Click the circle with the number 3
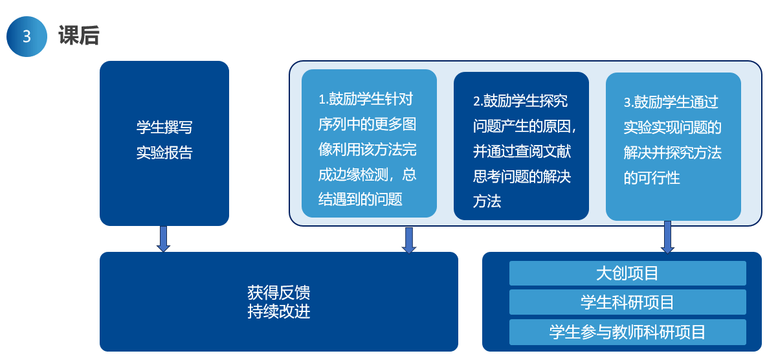point(27,37)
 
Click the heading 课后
point(78,36)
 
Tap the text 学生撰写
point(164,128)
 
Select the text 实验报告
point(164,153)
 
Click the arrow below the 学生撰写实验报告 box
point(164,238)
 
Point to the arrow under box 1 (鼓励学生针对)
point(408,240)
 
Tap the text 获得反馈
point(278,292)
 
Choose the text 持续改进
point(278,311)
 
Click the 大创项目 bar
point(627,273)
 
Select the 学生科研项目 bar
point(627,302)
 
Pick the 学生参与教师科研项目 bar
point(627,332)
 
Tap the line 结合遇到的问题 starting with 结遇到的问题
point(360,199)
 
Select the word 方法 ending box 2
point(487,201)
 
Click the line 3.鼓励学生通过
point(671,102)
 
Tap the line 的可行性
point(652,178)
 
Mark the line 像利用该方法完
point(367,150)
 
